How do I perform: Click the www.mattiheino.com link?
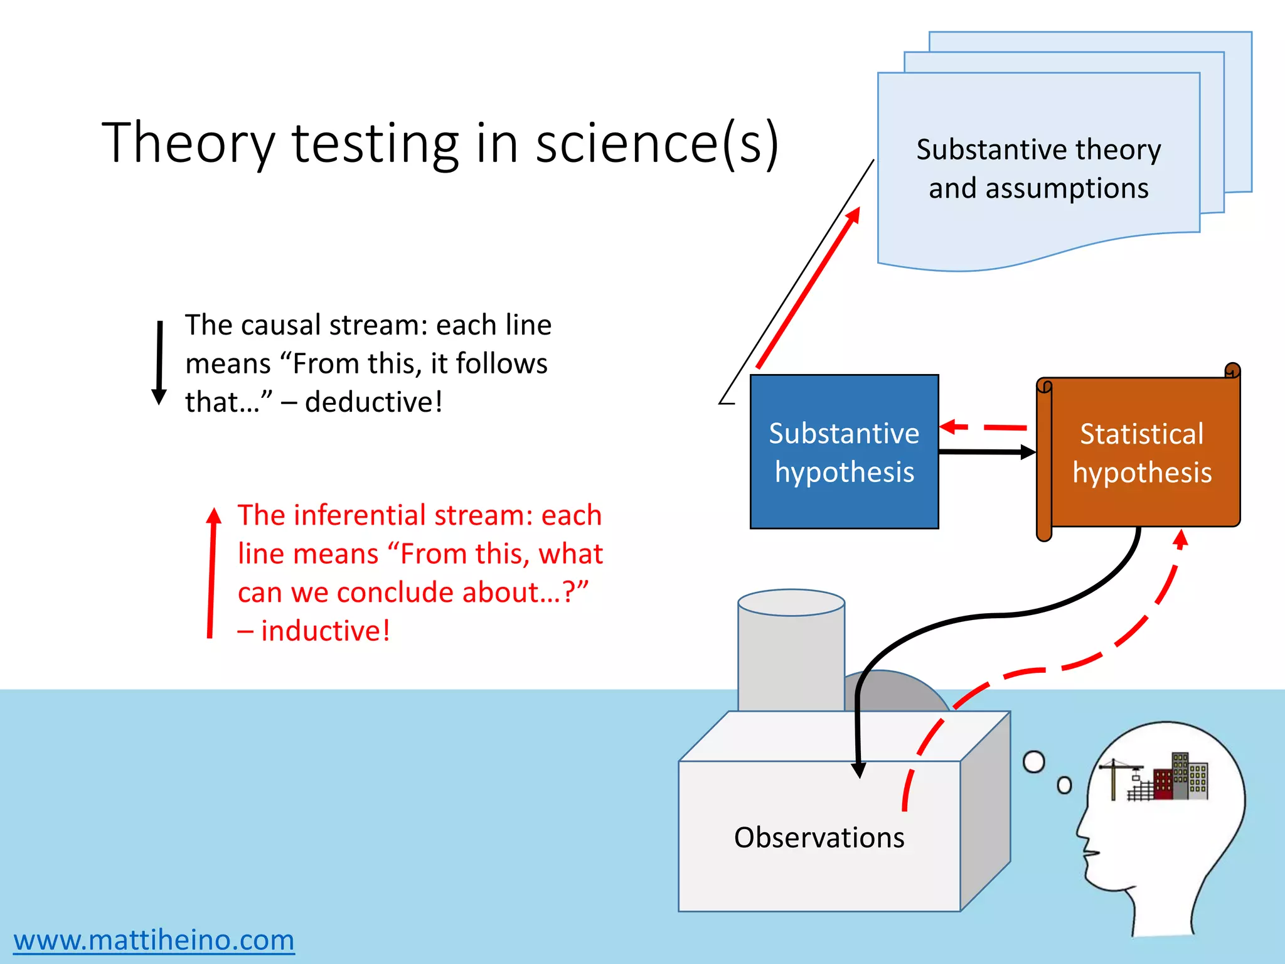pyautogui.click(x=154, y=940)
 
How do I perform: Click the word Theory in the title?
pyautogui.click(x=188, y=144)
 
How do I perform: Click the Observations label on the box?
pyautogui.click(x=819, y=838)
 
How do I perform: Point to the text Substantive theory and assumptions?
pyautogui.click(x=1038, y=168)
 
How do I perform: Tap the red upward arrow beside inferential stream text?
pyautogui.click(x=212, y=571)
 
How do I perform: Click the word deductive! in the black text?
pyautogui.click(x=374, y=402)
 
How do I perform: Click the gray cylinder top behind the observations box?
pyautogui.click(x=791, y=602)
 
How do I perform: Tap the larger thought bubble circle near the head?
pyautogui.click(x=1033, y=762)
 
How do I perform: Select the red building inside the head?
pyautogui.click(x=1163, y=785)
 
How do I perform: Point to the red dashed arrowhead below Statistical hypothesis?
pyautogui.click(x=1181, y=538)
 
